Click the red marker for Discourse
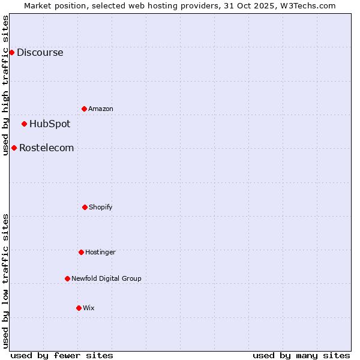click(x=11, y=52)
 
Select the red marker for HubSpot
click(x=24, y=124)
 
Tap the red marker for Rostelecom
click(x=14, y=148)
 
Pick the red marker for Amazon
click(x=84, y=109)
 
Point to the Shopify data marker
click(x=85, y=207)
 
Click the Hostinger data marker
click(x=81, y=252)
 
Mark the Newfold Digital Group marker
click(x=67, y=278)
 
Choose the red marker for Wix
click(x=79, y=308)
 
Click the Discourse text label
click(x=40, y=52)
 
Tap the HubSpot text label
click(x=50, y=124)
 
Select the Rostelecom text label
click(x=46, y=148)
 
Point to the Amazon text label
click(x=101, y=109)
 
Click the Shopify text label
click(x=101, y=207)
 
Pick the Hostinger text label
click(x=100, y=252)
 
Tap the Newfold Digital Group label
click(x=106, y=278)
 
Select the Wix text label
click(x=89, y=308)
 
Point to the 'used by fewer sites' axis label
click(x=62, y=355)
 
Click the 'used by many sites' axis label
click(x=301, y=355)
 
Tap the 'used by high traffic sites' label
click(x=5, y=85)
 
